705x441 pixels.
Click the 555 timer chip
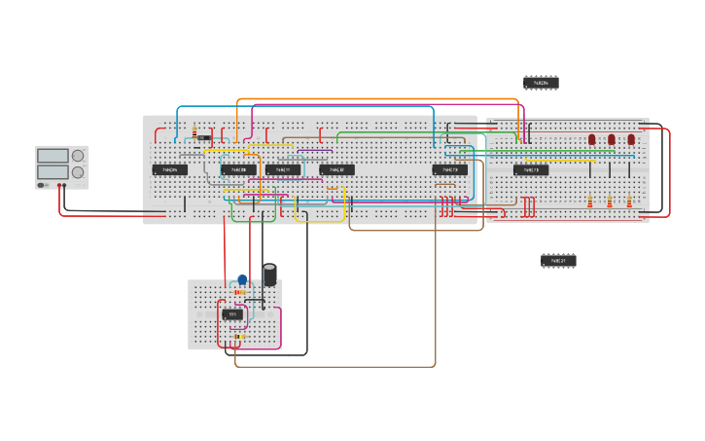tap(231, 314)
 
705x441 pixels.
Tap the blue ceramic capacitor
tap(242, 280)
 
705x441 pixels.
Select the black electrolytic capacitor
tap(269, 275)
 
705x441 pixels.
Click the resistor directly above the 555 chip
tap(240, 293)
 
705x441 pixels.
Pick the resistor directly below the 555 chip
tap(236, 337)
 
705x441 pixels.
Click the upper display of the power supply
tap(53, 156)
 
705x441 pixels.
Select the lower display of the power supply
tap(53, 172)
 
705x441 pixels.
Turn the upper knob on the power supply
tap(78, 156)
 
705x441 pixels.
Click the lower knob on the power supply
tap(78, 172)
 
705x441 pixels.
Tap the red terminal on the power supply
tap(64, 185)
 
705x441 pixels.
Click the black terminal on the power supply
tap(58, 185)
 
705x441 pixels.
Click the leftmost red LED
tap(591, 140)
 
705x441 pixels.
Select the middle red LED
tap(611, 140)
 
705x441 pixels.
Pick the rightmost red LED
tap(630, 140)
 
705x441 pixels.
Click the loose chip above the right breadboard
tap(541, 83)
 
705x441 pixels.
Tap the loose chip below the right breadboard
tap(558, 261)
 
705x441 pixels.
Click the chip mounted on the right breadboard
tap(531, 170)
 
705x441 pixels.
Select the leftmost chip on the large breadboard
tap(169, 170)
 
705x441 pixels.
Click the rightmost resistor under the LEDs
tap(629, 202)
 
